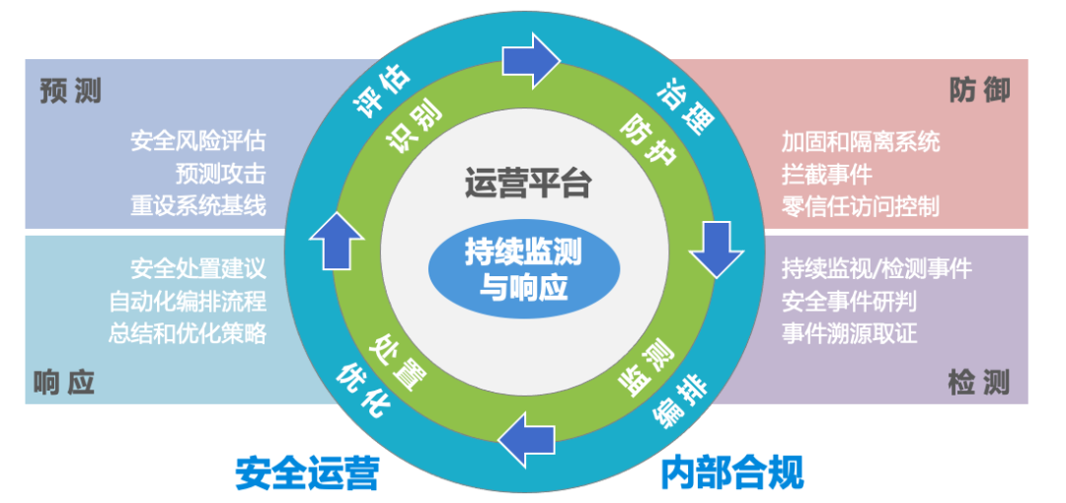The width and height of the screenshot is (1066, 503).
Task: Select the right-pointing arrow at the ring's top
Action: pyautogui.click(x=531, y=60)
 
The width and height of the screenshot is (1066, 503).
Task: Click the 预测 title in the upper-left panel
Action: pyautogui.click(x=71, y=92)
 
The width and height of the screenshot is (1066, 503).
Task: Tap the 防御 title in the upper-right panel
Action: pyautogui.click(x=980, y=91)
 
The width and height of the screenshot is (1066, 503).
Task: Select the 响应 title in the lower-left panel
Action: pyautogui.click(x=64, y=382)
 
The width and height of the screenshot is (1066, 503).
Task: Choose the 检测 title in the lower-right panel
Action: pyautogui.click(x=979, y=383)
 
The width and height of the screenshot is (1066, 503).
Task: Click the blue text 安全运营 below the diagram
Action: pyautogui.click(x=307, y=472)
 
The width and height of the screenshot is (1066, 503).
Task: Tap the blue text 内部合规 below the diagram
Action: pyautogui.click(x=732, y=472)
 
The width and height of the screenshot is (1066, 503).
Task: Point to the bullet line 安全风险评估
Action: pyautogui.click(x=198, y=141)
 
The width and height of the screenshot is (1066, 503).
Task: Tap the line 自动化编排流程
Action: pyautogui.click(x=188, y=300)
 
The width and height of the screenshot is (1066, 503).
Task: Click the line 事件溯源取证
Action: pyautogui.click(x=850, y=332)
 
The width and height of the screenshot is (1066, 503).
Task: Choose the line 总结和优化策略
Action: pyautogui.click(x=188, y=332)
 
